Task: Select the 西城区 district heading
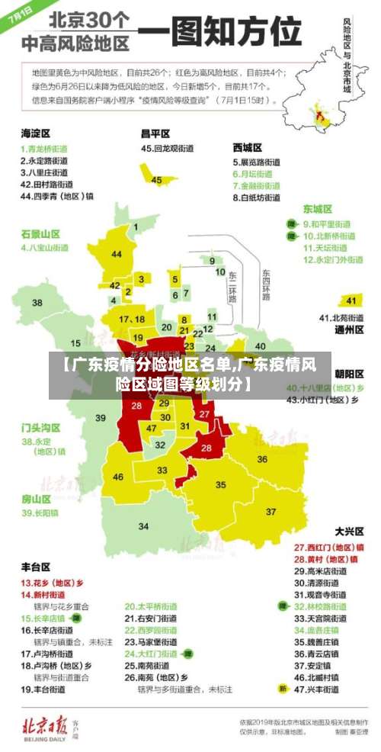tap(248, 147)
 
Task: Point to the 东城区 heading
tap(318, 208)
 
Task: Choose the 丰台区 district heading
tap(36, 567)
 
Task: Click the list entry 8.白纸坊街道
tap(257, 198)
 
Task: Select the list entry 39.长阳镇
tap(40, 513)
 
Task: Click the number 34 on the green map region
tap(143, 525)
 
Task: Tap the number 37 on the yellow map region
tap(271, 511)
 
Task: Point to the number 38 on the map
tap(37, 303)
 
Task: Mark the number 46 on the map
tap(118, 477)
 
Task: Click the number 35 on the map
tap(221, 484)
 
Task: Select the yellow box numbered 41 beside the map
tap(351, 300)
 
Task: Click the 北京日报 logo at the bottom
tap(47, 723)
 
